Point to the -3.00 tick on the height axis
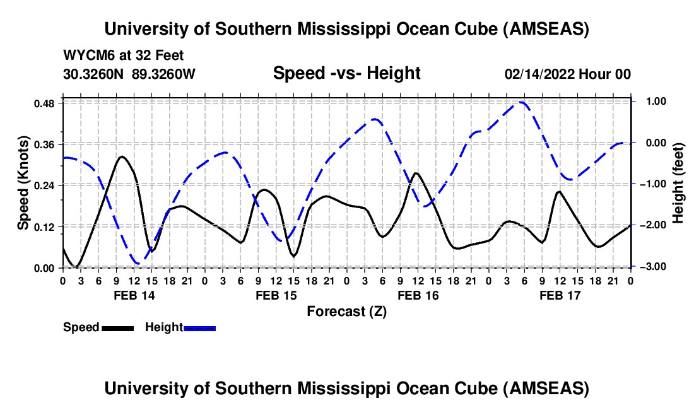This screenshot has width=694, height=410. tap(650, 267)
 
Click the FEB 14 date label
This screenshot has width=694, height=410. tap(133, 295)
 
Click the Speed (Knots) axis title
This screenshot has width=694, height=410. tap(23, 183)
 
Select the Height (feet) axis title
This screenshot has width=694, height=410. tap(679, 183)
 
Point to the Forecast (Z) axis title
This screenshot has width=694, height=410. tap(346, 311)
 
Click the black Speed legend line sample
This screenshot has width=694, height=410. tap(117, 328)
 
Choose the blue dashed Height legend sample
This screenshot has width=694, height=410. tap(200, 328)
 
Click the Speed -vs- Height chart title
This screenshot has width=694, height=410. tap(346, 73)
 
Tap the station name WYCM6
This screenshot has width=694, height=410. tap(85, 56)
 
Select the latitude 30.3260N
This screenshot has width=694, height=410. tap(95, 74)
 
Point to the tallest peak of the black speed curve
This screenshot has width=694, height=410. tap(122, 156)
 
